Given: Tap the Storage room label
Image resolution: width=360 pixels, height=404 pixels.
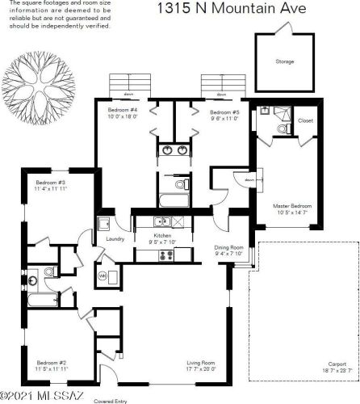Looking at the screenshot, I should [285, 61].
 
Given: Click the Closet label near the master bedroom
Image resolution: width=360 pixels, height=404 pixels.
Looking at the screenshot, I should [305, 120].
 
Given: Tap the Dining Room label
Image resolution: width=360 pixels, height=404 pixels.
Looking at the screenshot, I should [228, 247].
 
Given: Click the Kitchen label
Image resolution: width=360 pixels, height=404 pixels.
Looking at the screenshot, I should [162, 236].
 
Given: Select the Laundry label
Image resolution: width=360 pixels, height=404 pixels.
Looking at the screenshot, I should [114, 238].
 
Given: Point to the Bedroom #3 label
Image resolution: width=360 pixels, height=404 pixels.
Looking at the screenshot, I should [50, 183].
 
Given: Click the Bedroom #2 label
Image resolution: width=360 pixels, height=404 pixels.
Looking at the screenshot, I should [51, 363].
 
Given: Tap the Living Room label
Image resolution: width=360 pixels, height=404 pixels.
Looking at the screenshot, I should [202, 363].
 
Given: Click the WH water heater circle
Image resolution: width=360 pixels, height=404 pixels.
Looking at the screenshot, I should [103, 276].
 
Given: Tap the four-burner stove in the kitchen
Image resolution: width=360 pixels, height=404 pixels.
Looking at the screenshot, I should [166, 255].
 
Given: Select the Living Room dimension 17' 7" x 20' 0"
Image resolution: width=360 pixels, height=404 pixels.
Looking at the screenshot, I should [202, 369].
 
